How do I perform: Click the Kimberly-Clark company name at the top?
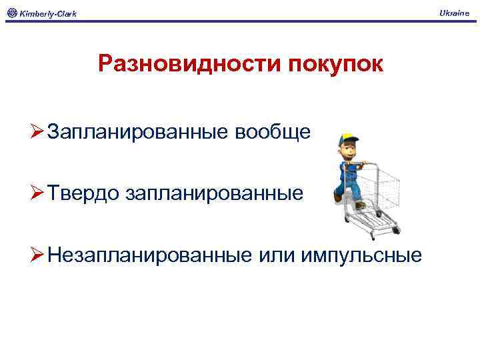(47, 13)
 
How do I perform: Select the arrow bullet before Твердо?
(37, 193)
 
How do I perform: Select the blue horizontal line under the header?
(240, 21)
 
